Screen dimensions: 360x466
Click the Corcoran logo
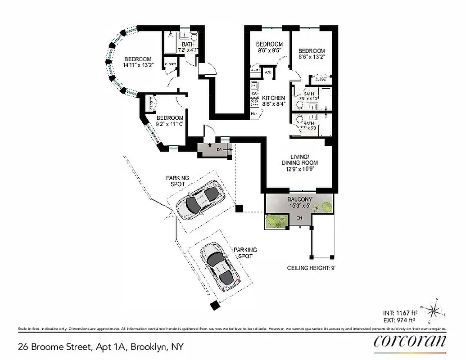(x=410, y=340)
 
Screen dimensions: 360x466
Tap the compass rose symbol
(x=434, y=310)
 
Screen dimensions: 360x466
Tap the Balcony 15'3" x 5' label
(x=299, y=202)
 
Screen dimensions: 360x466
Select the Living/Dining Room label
(x=299, y=162)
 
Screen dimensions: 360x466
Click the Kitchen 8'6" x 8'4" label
(x=274, y=101)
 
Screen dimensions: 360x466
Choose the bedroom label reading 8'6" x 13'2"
(x=312, y=54)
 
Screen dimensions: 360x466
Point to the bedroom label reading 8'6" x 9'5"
(x=269, y=47)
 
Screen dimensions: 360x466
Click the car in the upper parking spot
(x=199, y=201)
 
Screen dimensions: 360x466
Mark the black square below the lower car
(x=215, y=305)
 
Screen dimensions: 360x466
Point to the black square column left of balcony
(x=240, y=208)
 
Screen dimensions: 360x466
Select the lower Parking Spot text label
(x=245, y=253)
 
